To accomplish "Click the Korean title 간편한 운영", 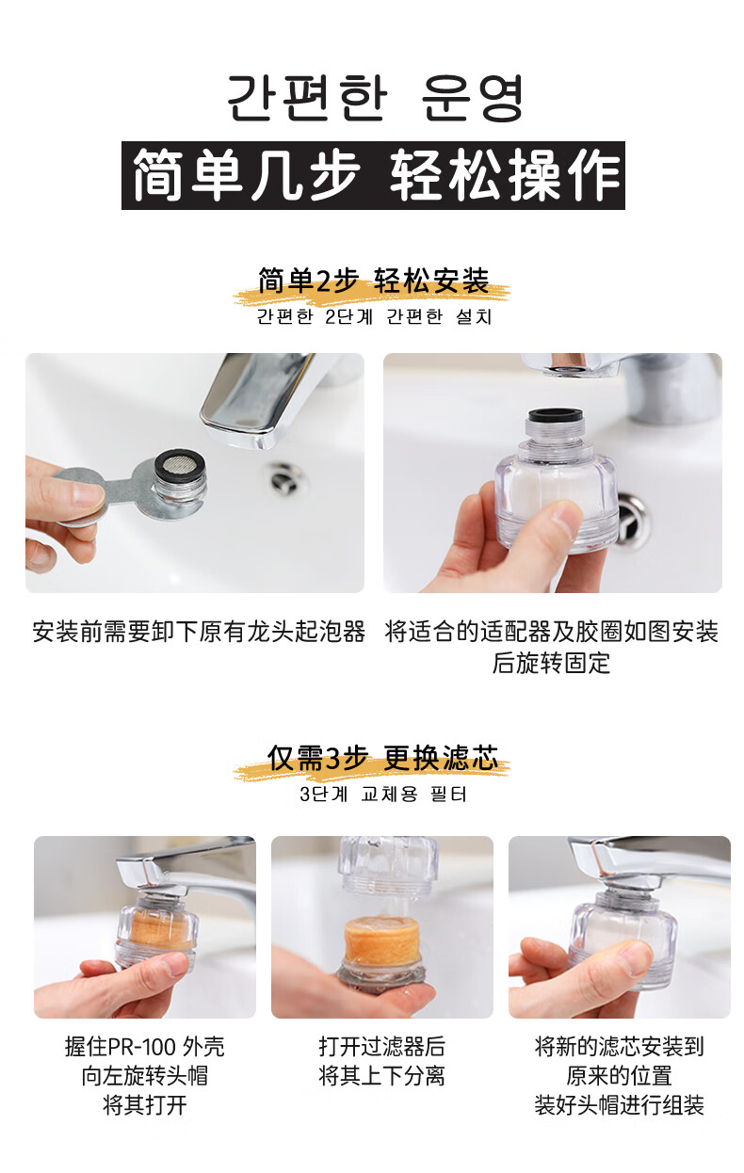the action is [375, 98].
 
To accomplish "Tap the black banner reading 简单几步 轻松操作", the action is [373, 175].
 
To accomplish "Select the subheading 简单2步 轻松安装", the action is [373, 281].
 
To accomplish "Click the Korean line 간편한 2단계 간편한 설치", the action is [374, 316].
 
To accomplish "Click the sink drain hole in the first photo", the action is [286, 477].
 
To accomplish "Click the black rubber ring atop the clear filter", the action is [556, 415].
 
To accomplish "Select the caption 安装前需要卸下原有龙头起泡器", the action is [199, 632].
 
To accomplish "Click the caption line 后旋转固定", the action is [551, 663].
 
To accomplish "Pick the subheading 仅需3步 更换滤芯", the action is [382, 758].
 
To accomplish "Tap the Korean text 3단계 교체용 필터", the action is [383, 795].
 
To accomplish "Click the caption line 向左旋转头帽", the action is [145, 1076].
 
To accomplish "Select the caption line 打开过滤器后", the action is [382, 1047].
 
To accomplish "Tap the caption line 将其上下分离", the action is [382, 1076].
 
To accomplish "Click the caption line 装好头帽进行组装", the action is [619, 1105].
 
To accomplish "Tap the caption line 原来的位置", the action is [619, 1076].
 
